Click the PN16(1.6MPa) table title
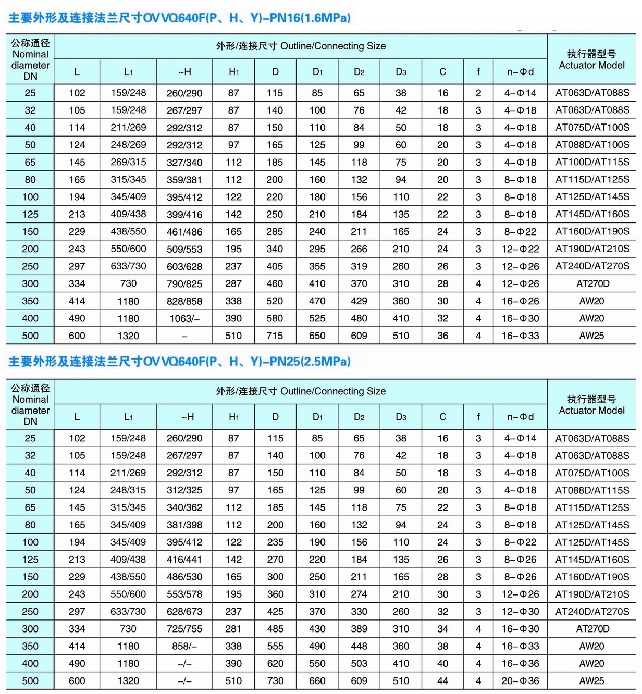(179, 18)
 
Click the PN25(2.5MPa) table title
(179, 361)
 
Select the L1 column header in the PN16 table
(128, 72)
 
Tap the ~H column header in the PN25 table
(184, 417)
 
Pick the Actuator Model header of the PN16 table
(591, 59)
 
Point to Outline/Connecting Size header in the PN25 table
(301, 391)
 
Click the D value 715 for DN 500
(275, 336)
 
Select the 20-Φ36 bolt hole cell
(520, 680)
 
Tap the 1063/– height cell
(184, 318)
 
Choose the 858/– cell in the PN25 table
(184, 646)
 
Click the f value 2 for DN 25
(478, 93)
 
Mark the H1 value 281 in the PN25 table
(233, 629)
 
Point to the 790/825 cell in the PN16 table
(184, 284)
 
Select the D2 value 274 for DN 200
(359, 594)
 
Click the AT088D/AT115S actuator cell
(592, 490)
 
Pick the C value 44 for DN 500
(442, 680)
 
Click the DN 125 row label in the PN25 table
(30, 560)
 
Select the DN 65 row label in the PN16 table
(30, 162)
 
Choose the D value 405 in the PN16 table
(275, 266)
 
